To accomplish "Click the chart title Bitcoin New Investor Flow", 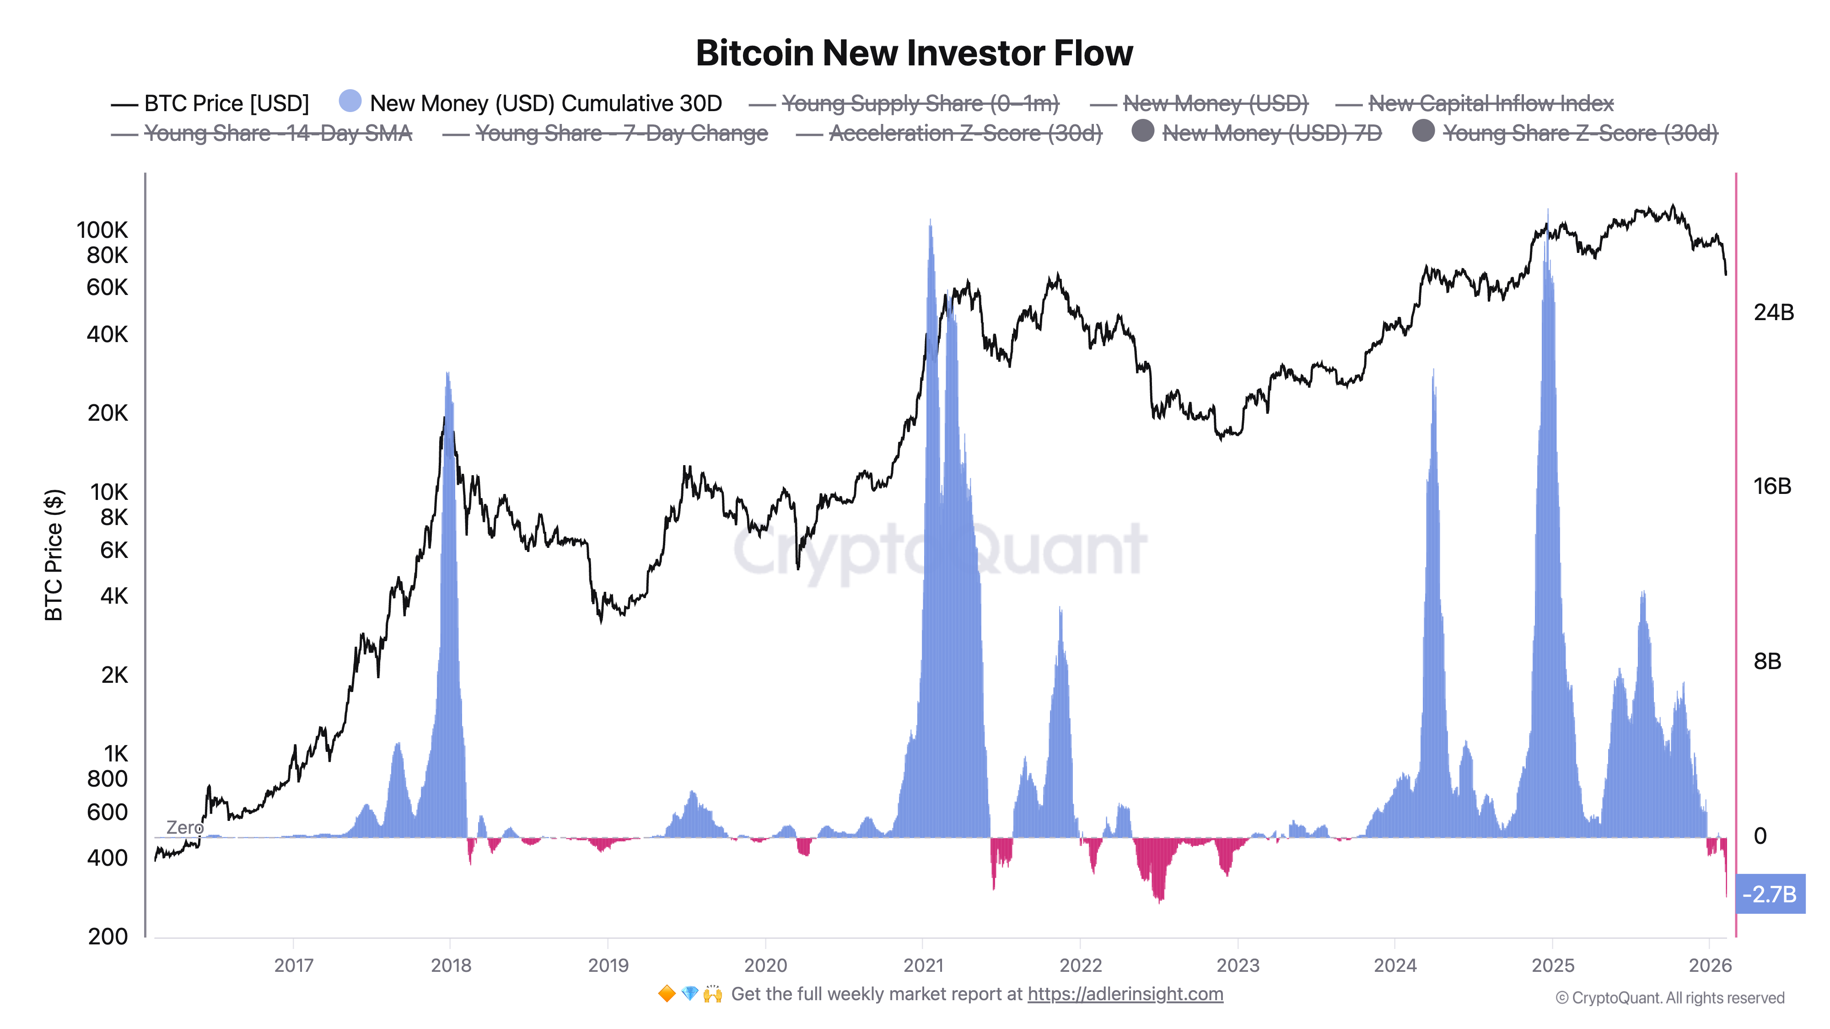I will pos(914,53).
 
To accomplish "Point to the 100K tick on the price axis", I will pos(102,230).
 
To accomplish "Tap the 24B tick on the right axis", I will pos(1773,312).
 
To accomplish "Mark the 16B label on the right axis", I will pos(1772,487).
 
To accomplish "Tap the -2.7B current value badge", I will pos(1769,894).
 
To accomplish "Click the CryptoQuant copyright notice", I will pos(1669,998).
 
